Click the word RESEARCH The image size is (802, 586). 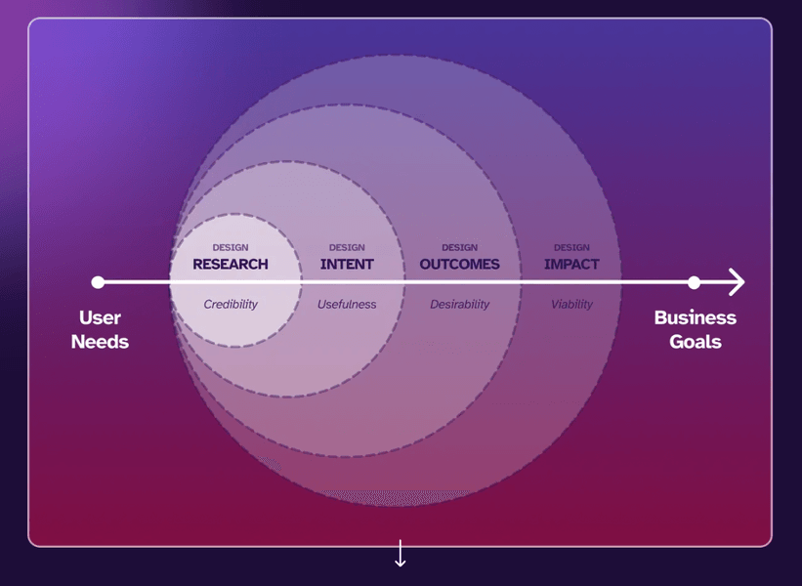[x=231, y=264]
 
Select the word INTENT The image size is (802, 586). [x=347, y=264]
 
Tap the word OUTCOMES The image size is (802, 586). [x=459, y=264]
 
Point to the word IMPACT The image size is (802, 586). [x=571, y=264]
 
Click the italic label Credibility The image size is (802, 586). [x=231, y=305]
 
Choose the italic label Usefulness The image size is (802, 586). [x=347, y=305]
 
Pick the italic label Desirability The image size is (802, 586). [x=459, y=305]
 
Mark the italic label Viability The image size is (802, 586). [x=571, y=305]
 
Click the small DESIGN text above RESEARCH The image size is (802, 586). [x=231, y=248]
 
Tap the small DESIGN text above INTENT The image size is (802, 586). [x=347, y=248]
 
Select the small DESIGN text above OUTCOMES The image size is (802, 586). [x=459, y=248]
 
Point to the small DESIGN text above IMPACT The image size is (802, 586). [x=571, y=248]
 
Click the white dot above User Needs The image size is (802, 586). [x=98, y=282]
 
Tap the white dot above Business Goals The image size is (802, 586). [x=694, y=282]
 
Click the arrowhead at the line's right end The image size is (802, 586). [x=738, y=282]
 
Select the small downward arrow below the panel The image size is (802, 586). [x=400, y=554]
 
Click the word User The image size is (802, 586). [x=100, y=318]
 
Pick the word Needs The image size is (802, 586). [x=100, y=342]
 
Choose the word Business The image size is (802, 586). [x=695, y=318]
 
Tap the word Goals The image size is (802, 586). [x=695, y=342]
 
